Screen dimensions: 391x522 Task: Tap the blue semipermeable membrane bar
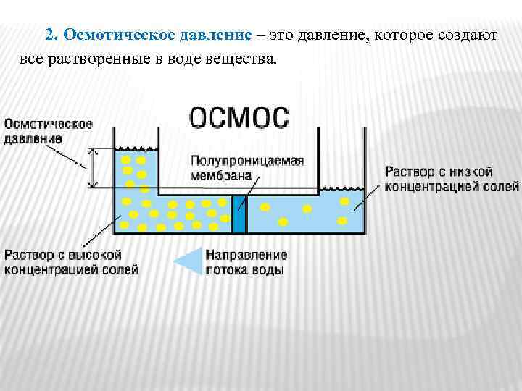[x=241, y=214]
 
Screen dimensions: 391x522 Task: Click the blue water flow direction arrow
[x=186, y=262]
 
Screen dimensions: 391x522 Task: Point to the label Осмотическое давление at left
[x=49, y=131]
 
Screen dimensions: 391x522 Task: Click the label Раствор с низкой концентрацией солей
[x=439, y=179]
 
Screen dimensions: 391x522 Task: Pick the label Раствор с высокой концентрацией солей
[x=71, y=262]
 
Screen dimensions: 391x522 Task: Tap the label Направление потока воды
[x=246, y=262]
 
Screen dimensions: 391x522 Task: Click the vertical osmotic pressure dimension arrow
[x=93, y=168]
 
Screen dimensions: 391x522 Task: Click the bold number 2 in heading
[x=49, y=35]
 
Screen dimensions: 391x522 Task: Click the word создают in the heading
[x=466, y=35]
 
